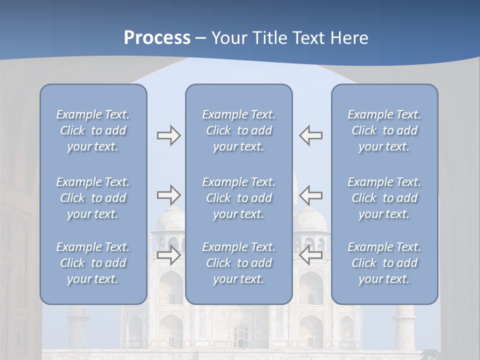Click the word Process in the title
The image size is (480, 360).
[157, 38]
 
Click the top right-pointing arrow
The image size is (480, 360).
[168, 135]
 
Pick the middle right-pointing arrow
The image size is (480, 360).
[168, 194]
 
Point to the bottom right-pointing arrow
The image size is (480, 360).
[168, 255]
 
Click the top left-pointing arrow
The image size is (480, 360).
[311, 135]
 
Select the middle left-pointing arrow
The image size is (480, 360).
[311, 194]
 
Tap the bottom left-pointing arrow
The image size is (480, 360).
[311, 255]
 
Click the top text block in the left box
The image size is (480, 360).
[93, 130]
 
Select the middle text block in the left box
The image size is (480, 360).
[93, 198]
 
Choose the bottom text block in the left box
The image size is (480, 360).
[93, 263]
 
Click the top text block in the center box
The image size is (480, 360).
[238, 130]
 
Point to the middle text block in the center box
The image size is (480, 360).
[238, 198]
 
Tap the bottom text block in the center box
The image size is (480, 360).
[238, 263]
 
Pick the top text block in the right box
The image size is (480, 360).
[384, 130]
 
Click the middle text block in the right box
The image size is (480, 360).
[384, 198]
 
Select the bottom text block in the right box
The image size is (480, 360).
[384, 263]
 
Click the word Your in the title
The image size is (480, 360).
[228, 38]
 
